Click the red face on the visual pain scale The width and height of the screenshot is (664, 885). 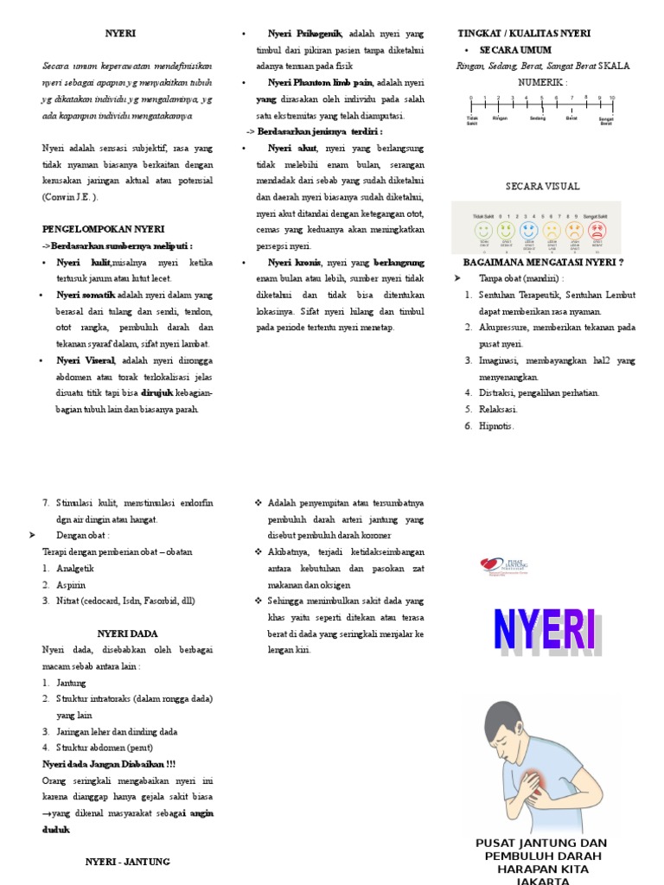click(597, 231)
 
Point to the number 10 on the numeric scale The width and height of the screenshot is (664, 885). click(612, 98)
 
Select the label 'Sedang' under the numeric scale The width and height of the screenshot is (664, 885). click(538, 118)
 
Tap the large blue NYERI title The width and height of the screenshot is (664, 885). click(543, 631)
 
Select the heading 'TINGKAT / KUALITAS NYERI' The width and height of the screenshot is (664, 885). click(524, 34)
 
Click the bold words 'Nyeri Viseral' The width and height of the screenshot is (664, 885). click(86, 360)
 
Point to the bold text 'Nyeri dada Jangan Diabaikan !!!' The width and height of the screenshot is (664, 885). click(109, 764)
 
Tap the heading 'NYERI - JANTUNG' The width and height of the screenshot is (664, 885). click(127, 862)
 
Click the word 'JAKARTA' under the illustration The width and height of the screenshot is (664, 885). click(542, 880)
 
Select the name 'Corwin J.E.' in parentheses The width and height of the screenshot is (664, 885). click(69, 197)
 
